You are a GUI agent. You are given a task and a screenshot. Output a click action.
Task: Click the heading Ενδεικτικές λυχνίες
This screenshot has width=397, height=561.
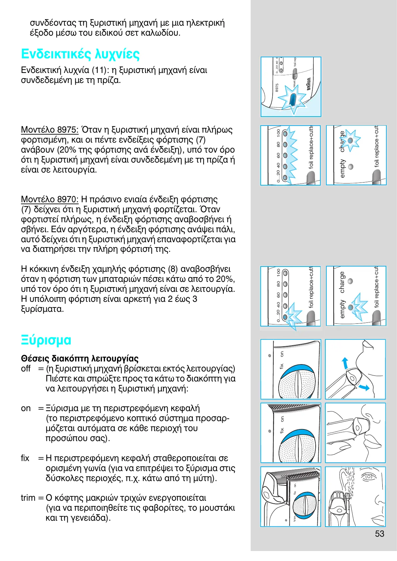[80, 54]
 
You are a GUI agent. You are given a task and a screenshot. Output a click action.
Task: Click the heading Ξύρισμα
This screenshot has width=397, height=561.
[46, 340]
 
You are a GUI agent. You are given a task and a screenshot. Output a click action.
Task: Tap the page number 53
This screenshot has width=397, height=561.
[379, 534]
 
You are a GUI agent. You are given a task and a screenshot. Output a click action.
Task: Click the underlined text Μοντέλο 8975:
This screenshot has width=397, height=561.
[50, 130]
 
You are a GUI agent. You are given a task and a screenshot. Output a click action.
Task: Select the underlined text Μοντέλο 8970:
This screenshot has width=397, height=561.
[50, 199]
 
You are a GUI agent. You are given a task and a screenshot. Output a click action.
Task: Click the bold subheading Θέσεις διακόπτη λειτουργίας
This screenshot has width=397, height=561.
[80, 358]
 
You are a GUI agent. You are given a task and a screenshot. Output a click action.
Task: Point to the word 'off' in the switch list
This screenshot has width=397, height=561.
[26, 368]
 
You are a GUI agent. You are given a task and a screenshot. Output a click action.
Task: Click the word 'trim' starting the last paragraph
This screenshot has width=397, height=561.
[28, 498]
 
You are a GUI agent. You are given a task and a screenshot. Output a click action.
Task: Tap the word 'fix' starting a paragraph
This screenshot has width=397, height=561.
[25, 458]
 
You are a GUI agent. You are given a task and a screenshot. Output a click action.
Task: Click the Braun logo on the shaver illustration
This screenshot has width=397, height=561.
[309, 84]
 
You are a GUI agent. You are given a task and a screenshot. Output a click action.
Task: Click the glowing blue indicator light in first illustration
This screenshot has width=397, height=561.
[292, 99]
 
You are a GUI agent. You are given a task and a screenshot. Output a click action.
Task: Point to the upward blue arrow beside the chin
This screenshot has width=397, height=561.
[345, 363]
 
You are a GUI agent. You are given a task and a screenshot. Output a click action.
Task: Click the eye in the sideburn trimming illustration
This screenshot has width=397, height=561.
[368, 477]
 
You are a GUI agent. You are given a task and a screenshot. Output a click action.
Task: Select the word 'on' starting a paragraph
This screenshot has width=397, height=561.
[26, 408]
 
